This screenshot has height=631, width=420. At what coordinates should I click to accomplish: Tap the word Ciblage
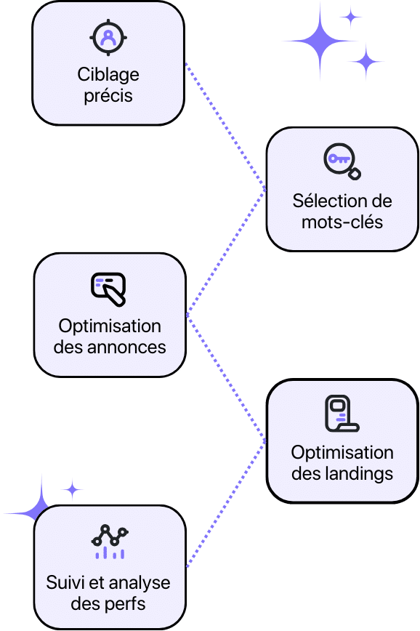108,75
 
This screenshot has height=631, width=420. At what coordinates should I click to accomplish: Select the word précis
108,96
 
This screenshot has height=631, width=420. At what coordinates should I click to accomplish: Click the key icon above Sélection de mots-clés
342,161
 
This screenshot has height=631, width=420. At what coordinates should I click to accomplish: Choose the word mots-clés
342,222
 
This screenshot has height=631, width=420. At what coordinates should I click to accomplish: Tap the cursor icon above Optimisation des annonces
109,289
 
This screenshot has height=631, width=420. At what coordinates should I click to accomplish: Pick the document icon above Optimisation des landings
342,414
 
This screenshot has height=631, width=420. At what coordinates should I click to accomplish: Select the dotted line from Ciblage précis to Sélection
225,127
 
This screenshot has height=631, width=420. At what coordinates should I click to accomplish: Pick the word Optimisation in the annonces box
110,326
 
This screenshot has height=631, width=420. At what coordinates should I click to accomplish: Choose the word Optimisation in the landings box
342,452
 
